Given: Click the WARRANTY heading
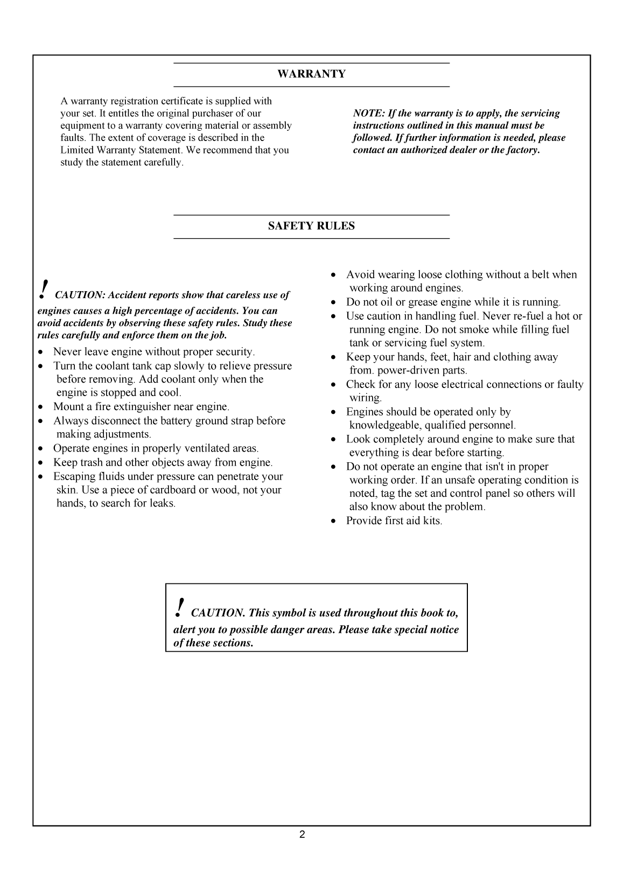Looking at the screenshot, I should [x=311, y=74].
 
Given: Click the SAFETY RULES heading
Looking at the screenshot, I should [x=311, y=226].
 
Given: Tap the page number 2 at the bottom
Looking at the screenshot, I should [x=302, y=835].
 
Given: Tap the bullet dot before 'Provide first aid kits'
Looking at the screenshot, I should [x=334, y=521].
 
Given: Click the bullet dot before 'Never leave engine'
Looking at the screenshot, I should [x=41, y=353].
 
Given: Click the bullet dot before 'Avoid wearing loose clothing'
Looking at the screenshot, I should [x=334, y=275].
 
